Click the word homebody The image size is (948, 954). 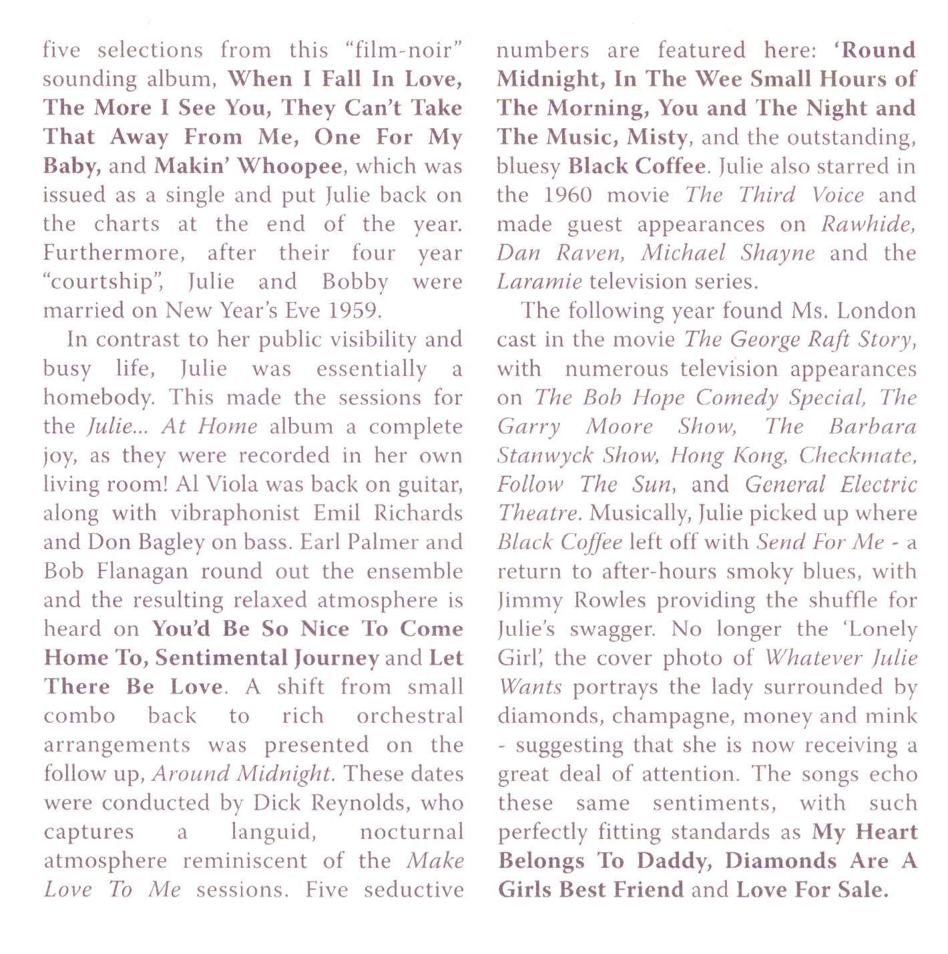pos(98,398)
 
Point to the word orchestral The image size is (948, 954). pos(409,716)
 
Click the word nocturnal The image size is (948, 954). pos(411,832)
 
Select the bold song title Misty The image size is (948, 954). pos(657,137)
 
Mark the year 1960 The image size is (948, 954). pos(567,195)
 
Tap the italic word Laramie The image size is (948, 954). pos(539,282)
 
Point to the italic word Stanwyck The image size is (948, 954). pos(545,456)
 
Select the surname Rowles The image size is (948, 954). pos(610,601)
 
